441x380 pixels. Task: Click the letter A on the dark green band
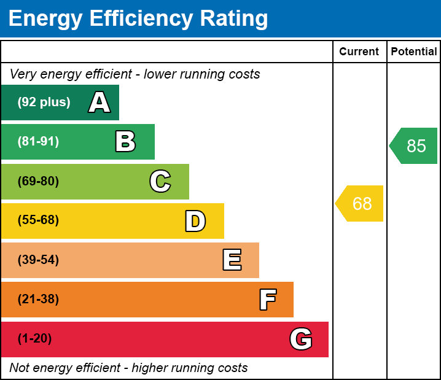pos(100,103)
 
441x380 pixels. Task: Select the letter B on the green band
pos(125,142)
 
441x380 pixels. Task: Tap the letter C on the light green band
pos(160,181)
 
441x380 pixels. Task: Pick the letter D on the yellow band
pos(195,221)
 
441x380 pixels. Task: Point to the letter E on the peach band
pos(232,260)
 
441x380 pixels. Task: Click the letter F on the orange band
pos(267,300)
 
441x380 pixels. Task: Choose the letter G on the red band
pos(301,339)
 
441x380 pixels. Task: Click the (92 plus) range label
pos(44,103)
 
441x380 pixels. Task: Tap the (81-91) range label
pos(38,142)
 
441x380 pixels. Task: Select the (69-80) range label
pos(38,181)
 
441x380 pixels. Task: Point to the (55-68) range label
pos(38,220)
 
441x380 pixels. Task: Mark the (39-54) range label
pos(38,260)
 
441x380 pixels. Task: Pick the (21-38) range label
pos(38,300)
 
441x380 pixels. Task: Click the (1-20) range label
pos(35,339)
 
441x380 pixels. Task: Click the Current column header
pos(359,52)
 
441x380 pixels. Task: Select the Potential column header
pos(414,52)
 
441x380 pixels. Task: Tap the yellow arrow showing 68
pos(361,203)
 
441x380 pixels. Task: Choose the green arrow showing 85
pos(415,146)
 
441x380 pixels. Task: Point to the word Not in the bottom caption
pos(19,368)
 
